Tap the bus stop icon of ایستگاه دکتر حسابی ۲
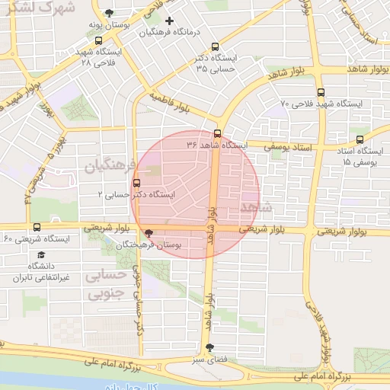[136, 183]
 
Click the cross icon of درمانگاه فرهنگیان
[169, 21]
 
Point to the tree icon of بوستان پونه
[111, 14]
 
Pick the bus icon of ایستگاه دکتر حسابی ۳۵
[215, 46]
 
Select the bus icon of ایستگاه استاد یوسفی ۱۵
[360, 139]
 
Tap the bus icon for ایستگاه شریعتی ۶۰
[37, 226]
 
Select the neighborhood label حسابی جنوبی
[107, 283]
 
